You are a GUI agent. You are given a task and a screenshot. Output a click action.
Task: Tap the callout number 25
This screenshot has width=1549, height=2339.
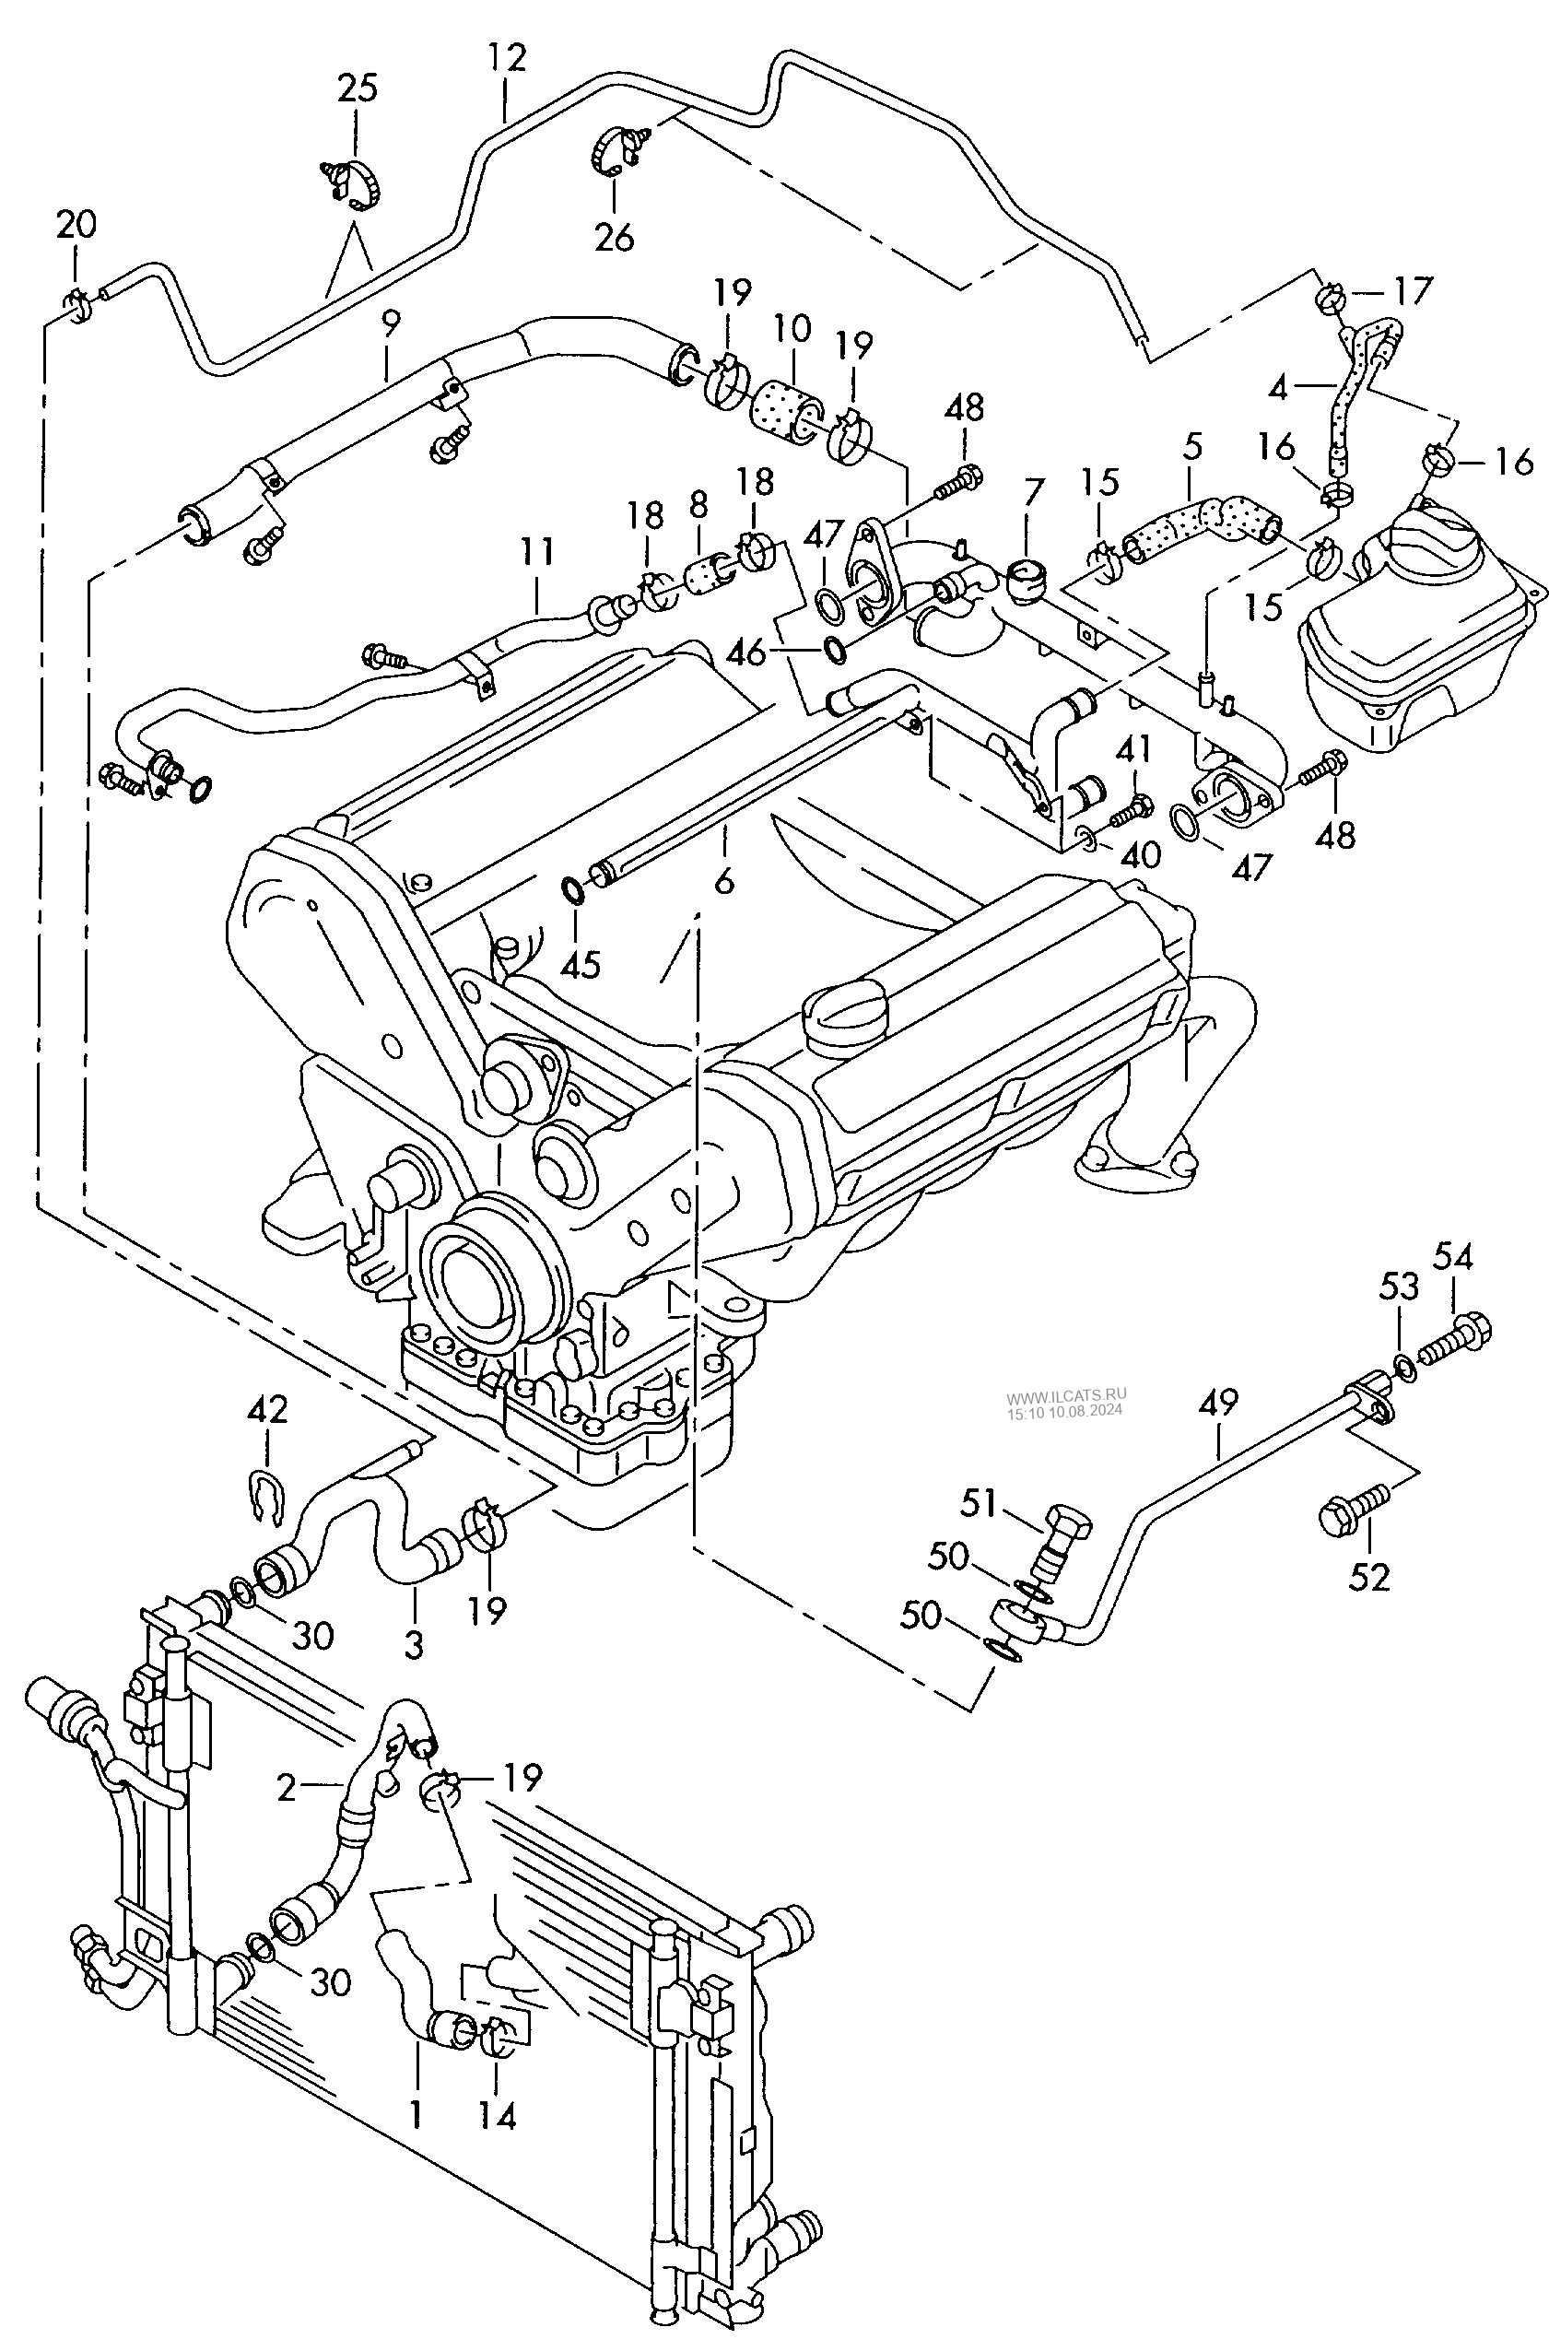coord(358,88)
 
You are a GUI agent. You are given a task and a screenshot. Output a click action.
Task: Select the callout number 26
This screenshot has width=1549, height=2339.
coord(614,237)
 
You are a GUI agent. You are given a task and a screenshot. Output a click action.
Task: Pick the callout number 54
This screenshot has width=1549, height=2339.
coord(1453,1256)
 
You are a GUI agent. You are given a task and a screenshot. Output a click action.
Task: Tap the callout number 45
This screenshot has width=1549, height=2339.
coord(580,964)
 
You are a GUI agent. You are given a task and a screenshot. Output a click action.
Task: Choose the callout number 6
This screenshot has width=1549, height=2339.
coord(724,880)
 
